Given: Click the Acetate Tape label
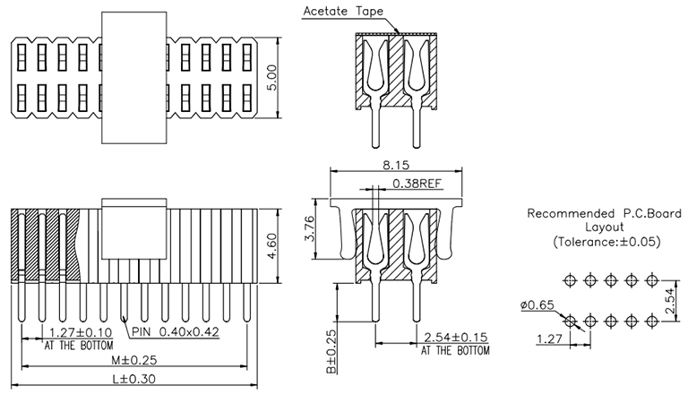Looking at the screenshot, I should click(343, 13).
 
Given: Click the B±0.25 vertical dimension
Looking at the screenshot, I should click(331, 352).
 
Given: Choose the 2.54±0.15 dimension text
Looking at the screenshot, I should click(456, 338).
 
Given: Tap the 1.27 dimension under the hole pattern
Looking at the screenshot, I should click(548, 339).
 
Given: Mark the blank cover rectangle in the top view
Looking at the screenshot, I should click(135, 78).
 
